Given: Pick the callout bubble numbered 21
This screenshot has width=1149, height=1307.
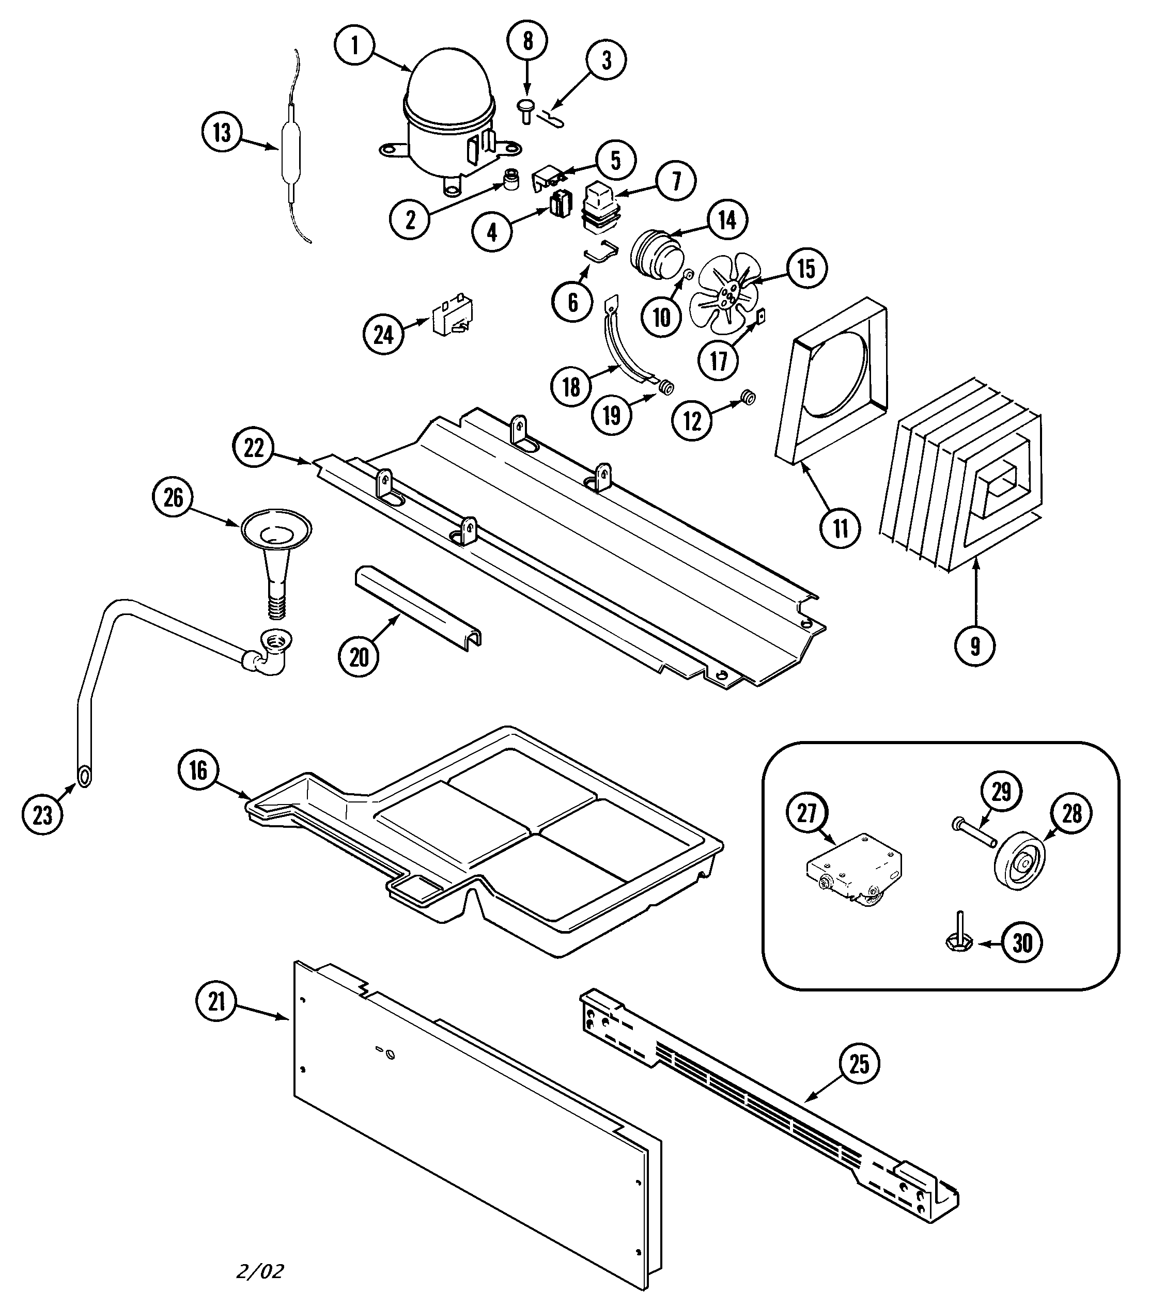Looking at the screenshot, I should tap(217, 1001).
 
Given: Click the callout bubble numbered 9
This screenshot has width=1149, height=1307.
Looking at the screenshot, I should tap(974, 647).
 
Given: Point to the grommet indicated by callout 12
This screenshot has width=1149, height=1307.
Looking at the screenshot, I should tap(746, 398).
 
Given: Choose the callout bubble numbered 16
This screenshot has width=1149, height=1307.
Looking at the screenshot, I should tap(198, 770).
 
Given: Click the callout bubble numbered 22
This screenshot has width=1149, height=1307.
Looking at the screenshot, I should tap(253, 448).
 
